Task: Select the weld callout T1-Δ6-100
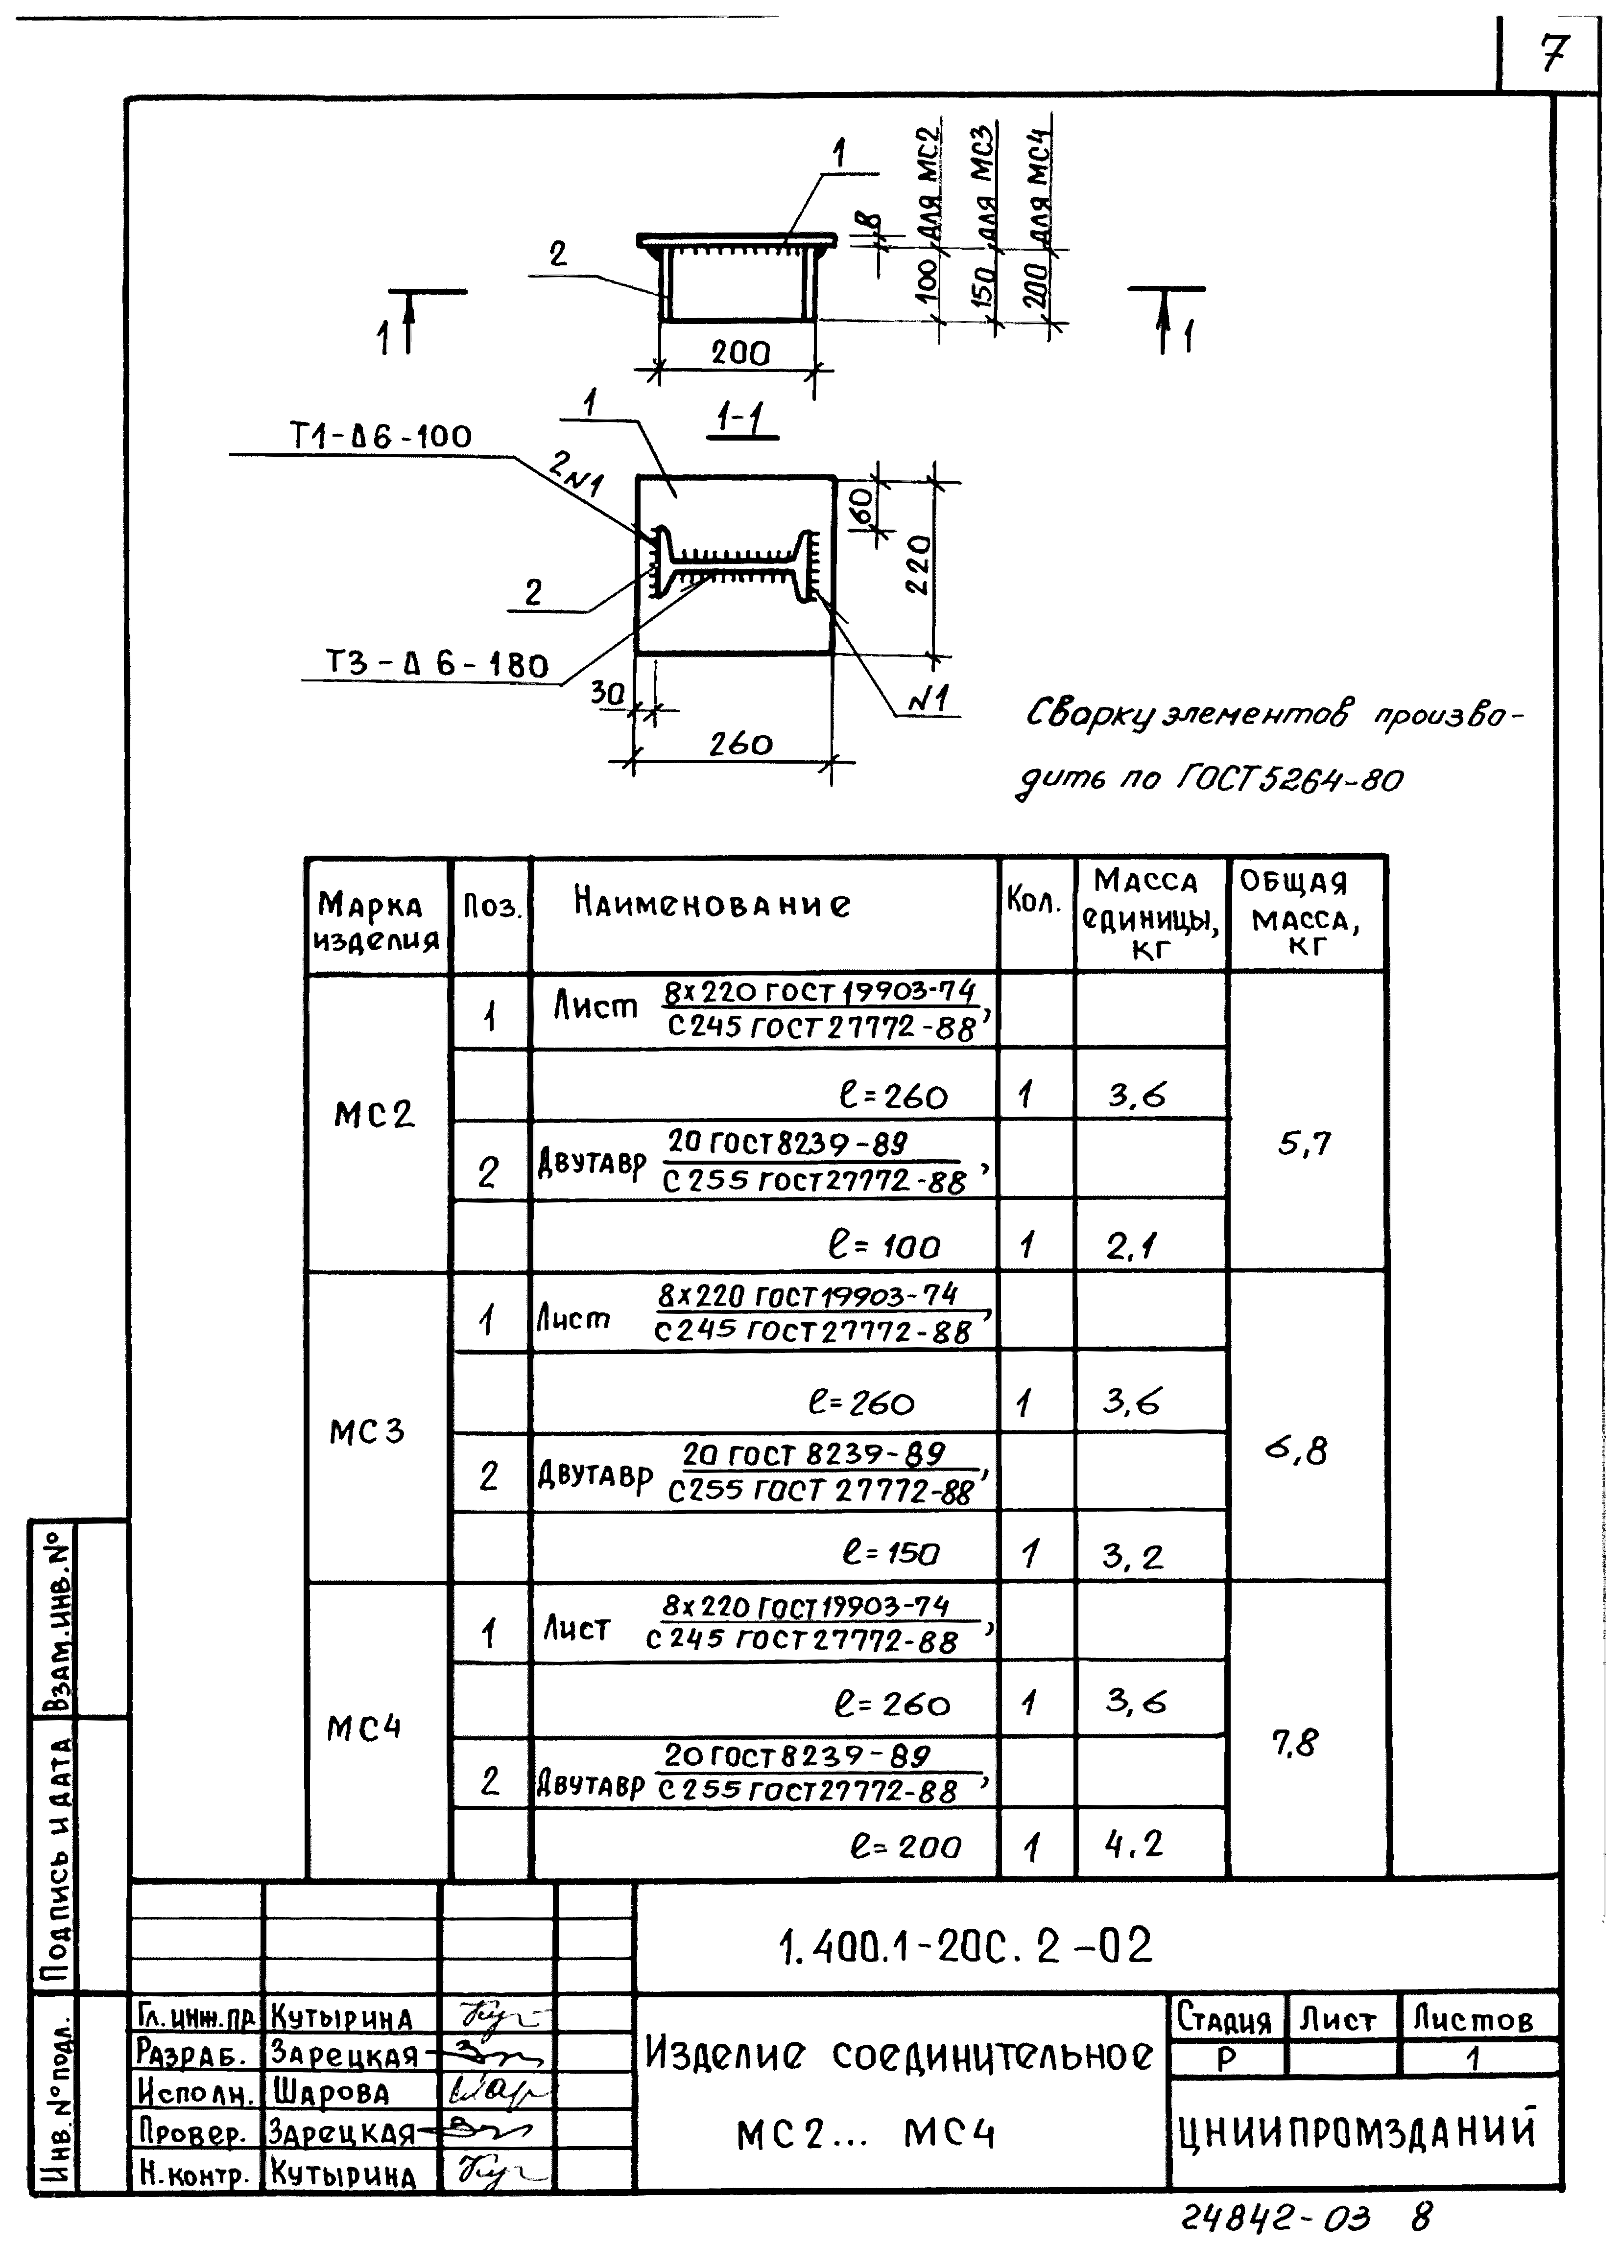pos(381,436)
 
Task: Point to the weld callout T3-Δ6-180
pos(437,664)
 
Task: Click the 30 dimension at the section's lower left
pos(608,694)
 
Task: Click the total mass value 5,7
pos(1304,1145)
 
